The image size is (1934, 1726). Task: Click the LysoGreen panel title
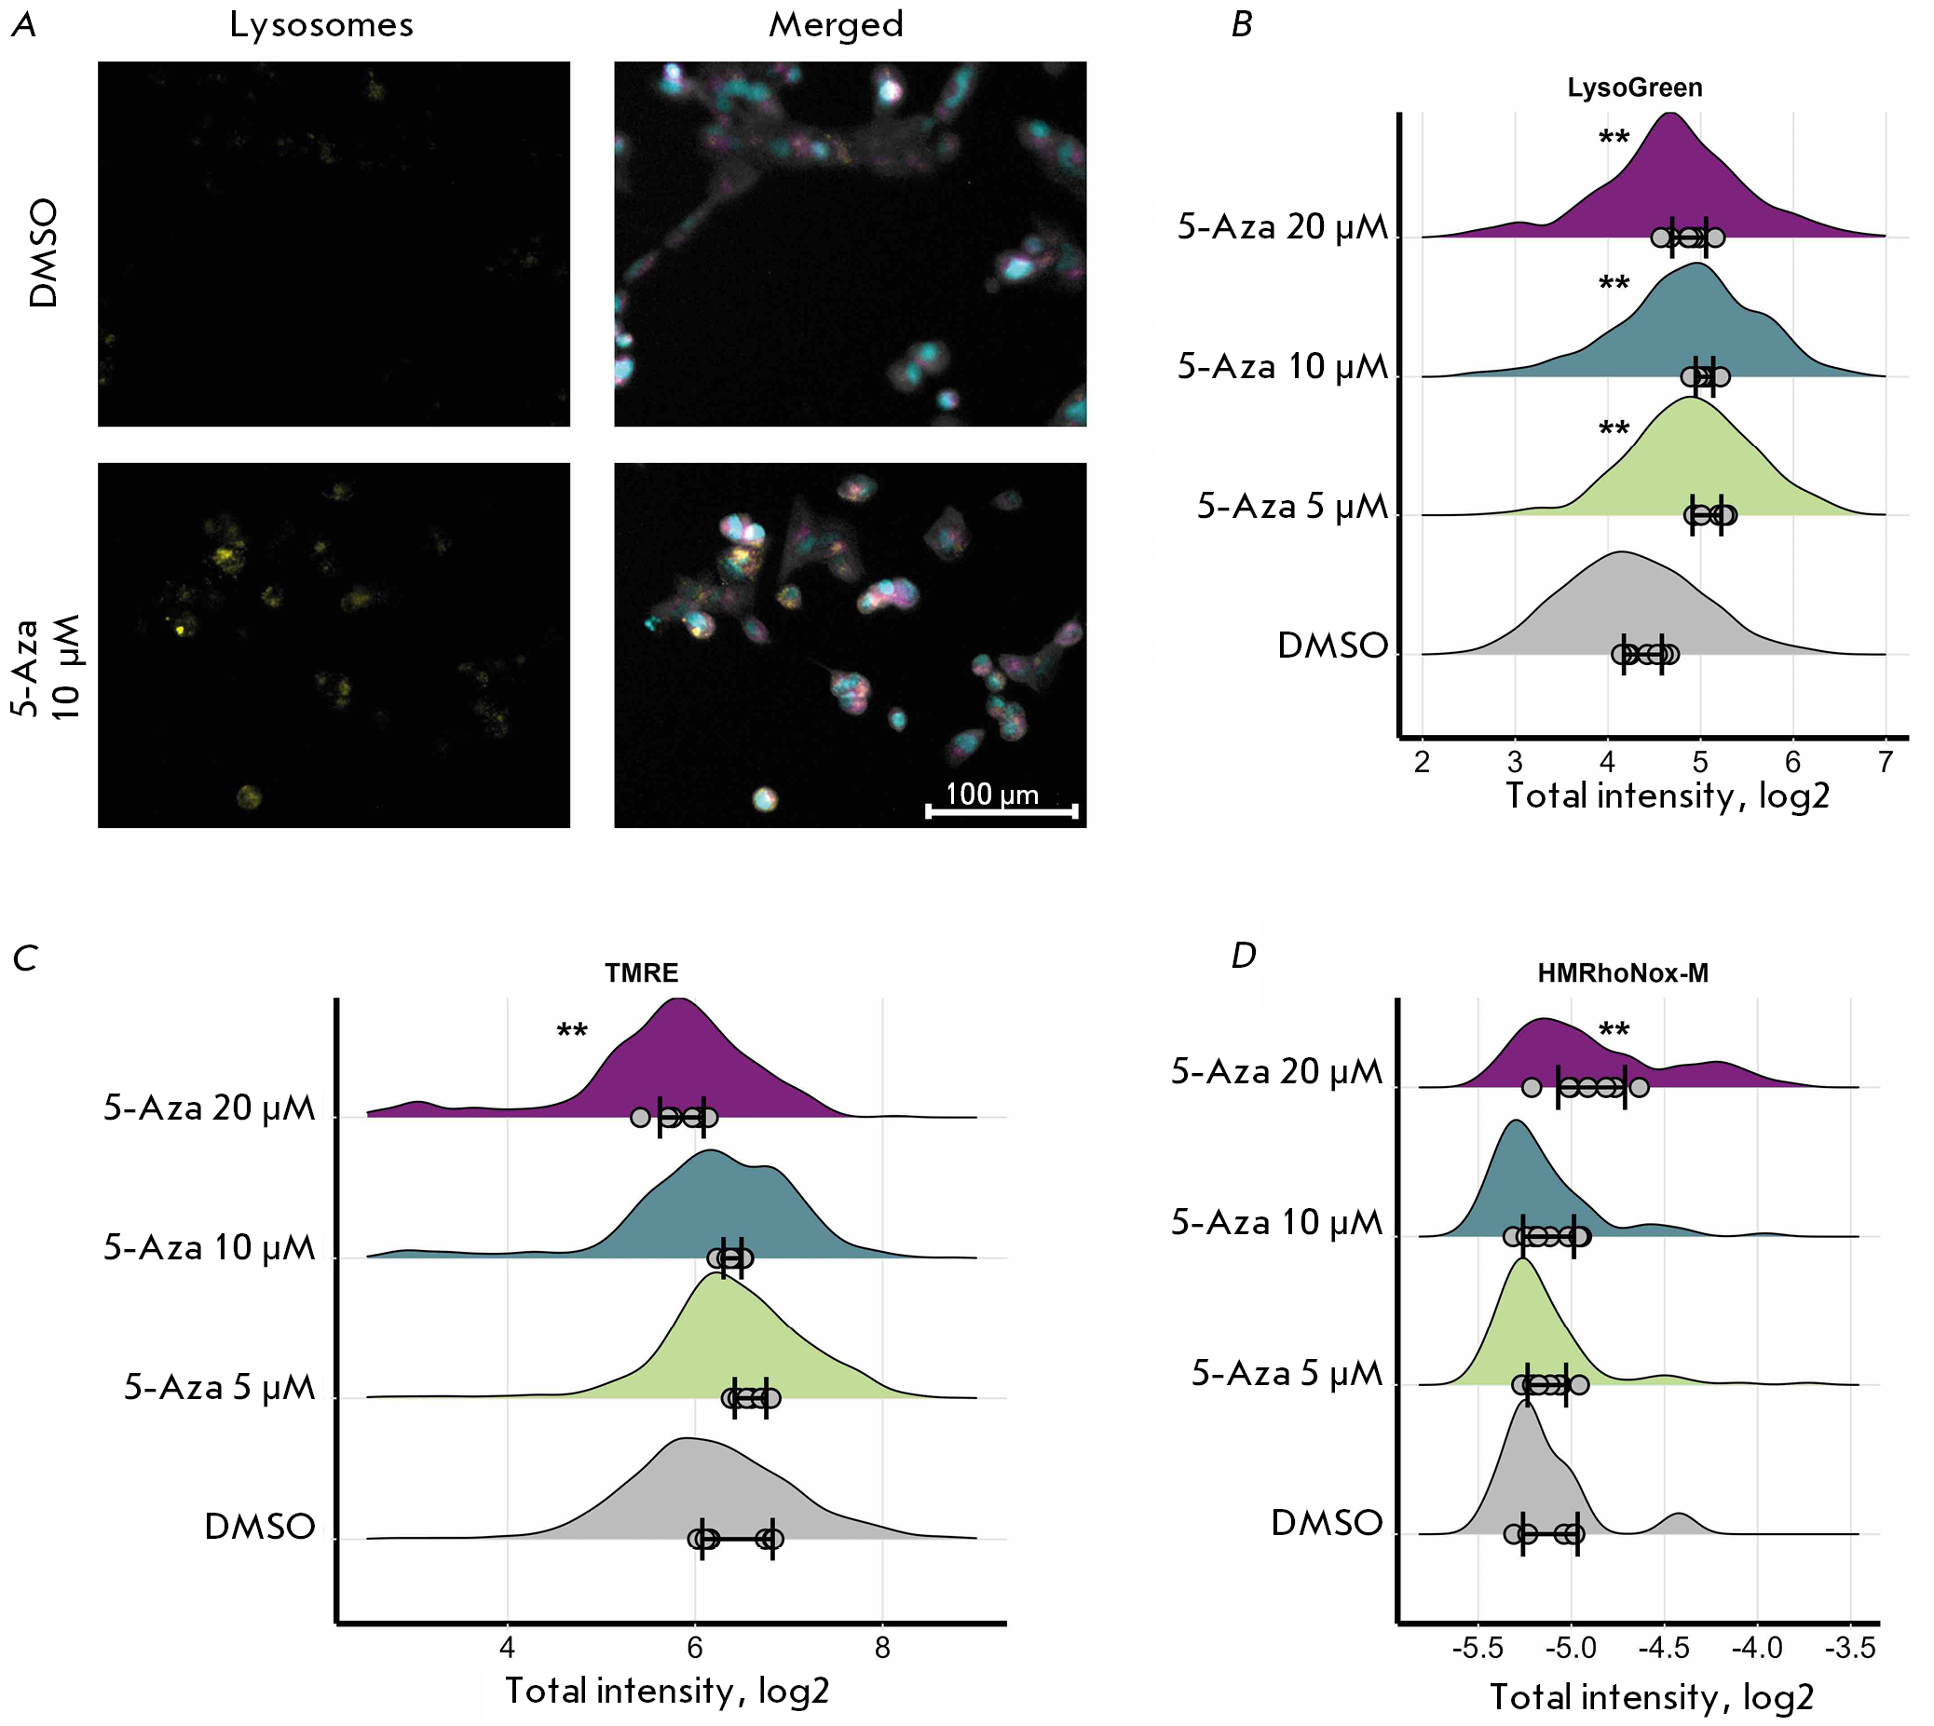[1633, 88]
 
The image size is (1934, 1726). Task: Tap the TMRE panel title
[641, 973]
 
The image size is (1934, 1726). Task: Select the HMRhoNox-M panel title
[1622, 973]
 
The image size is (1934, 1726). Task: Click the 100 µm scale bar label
[991, 794]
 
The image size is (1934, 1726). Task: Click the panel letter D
[1243, 956]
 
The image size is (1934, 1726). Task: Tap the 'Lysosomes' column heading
[321, 25]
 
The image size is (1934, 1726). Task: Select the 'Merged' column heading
[836, 25]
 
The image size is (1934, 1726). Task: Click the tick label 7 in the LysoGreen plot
[1885, 763]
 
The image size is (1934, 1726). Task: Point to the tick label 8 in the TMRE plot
[882, 1647]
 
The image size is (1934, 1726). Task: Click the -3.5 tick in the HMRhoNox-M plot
[1853, 1647]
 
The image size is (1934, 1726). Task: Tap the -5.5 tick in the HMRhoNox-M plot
[1477, 1647]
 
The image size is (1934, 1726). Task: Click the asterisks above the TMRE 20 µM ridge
[572, 1032]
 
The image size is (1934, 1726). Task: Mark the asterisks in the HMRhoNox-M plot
[1614, 1031]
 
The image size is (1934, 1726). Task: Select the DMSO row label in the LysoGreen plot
[1331, 646]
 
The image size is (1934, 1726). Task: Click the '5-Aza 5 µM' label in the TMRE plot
[219, 1388]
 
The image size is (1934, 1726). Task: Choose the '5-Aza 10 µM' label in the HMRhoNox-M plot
[1276, 1222]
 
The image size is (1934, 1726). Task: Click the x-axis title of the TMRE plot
[667, 1690]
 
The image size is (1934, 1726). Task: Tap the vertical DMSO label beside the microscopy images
[45, 252]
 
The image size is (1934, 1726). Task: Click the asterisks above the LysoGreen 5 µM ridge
[1614, 429]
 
